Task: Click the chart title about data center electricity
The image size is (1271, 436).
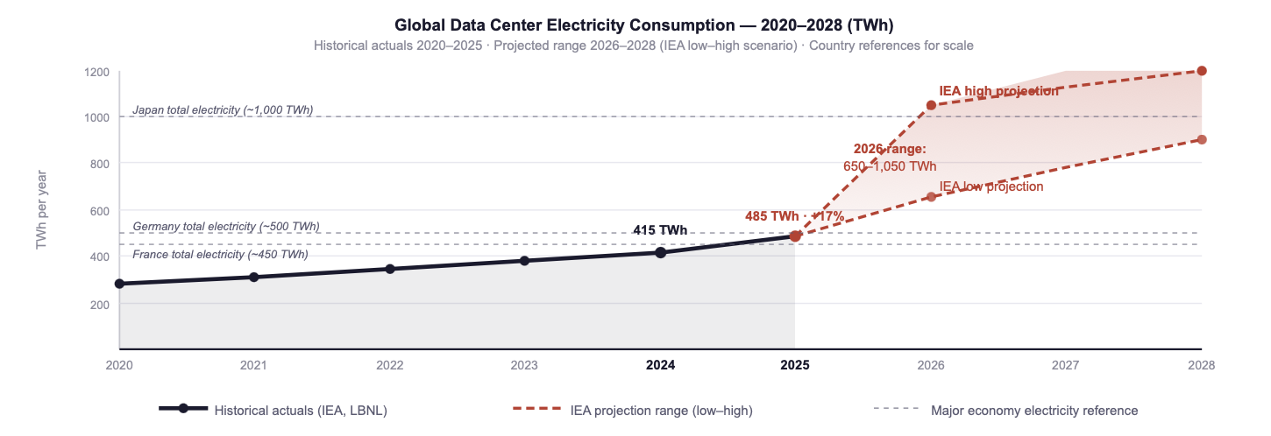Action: coord(643,25)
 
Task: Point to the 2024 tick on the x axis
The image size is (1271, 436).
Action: coord(660,365)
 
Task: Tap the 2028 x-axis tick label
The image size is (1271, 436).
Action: coord(1201,365)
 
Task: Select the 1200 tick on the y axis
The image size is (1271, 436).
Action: coord(96,71)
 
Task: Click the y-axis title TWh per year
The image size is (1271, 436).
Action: coord(41,210)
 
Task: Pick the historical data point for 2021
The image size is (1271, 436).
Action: coord(254,277)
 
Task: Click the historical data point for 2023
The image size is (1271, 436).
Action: coord(524,261)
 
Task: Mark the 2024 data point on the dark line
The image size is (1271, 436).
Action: coord(660,252)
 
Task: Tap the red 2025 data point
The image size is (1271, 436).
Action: coord(795,236)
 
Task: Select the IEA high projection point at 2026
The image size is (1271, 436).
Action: coord(931,105)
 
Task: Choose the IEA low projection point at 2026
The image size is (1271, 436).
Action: coord(931,197)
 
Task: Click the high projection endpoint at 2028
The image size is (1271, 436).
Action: coord(1202,71)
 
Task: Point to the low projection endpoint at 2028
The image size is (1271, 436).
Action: coord(1202,140)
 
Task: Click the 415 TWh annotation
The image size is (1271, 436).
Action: coord(660,230)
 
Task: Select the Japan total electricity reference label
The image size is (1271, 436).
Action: coord(223,110)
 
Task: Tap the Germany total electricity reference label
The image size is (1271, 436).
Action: coord(226,227)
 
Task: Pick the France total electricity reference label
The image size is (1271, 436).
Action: coord(220,255)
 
